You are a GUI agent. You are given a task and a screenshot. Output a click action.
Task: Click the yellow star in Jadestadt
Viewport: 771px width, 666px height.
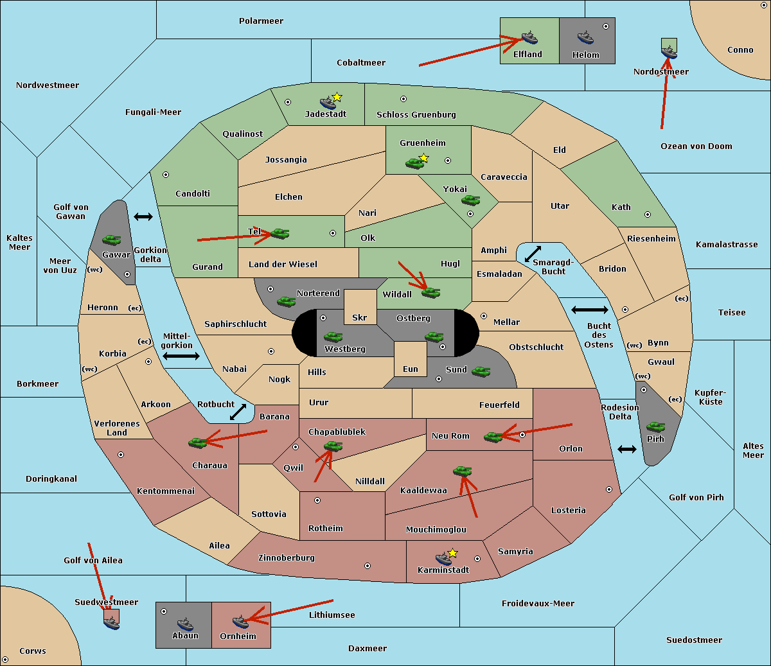[337, 98]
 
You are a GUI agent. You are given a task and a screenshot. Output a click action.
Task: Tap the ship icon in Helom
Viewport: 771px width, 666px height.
[585, 37]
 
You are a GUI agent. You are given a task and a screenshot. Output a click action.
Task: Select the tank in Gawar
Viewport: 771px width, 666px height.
[111, 240]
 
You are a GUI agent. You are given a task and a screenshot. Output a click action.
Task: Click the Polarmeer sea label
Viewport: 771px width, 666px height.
[261, 21]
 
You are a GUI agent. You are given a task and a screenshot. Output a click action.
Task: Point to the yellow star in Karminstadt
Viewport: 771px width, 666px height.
[452, 553]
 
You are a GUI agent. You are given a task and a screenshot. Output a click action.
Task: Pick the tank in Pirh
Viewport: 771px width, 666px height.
[655, 426]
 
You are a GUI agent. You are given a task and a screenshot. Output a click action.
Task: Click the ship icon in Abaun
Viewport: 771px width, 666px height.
[185, 624]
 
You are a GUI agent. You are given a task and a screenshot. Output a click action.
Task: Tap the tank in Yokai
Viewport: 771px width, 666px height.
[470, 200]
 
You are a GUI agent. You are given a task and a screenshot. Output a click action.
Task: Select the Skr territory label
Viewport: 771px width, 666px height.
[359, 317]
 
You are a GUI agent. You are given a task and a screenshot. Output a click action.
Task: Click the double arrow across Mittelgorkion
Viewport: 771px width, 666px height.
[181, 356]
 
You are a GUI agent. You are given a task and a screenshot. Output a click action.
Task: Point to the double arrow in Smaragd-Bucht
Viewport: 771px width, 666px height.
[533, 254]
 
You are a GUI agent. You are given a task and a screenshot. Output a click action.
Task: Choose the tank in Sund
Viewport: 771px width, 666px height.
[481, 372]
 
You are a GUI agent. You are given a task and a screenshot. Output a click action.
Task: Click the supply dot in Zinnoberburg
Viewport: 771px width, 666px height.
[368, 566]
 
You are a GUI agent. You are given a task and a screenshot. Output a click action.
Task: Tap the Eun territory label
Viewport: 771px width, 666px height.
[411, 369]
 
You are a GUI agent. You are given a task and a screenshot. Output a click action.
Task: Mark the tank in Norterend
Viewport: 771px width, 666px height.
[286, 301]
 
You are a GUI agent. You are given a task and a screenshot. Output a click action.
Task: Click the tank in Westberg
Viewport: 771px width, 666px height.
[333, 337]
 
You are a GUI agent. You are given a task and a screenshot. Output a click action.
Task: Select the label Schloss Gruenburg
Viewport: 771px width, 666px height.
[416, 114]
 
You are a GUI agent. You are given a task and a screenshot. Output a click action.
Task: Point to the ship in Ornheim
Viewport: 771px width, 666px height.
[240, 622]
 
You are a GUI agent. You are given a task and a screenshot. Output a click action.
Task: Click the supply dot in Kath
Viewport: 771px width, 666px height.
[648, 215]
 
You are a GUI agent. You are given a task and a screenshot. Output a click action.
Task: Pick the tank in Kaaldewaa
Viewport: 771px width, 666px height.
[462, 471]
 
